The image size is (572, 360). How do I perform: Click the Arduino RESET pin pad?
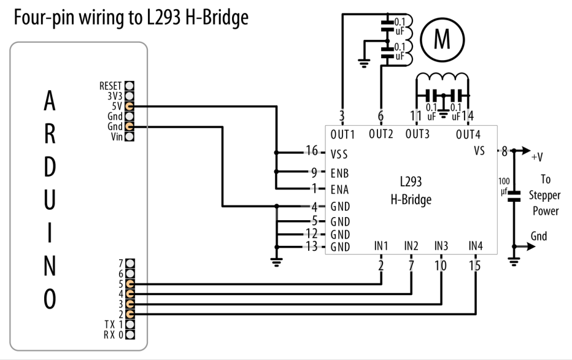coord(129,86)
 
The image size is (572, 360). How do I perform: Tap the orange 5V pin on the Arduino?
coord(129,106)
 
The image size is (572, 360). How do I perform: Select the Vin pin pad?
coord(129,137)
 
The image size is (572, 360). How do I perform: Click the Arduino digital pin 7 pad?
coord(130,264)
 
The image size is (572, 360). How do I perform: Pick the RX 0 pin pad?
coord(130,334)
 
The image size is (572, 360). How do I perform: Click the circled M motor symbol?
coord(442,39)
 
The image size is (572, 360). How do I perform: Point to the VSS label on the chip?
coord(339,155)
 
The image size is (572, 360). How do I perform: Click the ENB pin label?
coord(339,173)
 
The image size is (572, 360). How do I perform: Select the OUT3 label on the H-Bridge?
coord(417,134)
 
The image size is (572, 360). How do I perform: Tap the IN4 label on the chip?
coord(476,246)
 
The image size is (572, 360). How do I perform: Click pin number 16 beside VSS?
coord(312,150)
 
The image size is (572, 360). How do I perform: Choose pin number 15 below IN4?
coord(475,266)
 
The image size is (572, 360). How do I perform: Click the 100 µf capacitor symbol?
coord(514,196)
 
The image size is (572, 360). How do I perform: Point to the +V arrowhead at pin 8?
coord(527,150)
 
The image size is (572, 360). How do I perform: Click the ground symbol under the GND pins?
coord(277,262)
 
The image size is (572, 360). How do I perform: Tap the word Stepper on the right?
coord(544,196)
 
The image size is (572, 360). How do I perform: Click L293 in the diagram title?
coord(164,18)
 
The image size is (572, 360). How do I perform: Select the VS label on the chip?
coord(479,150)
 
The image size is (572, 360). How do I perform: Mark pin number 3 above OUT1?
coord(341,116)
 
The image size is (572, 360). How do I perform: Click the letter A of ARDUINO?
coord(50,101)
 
